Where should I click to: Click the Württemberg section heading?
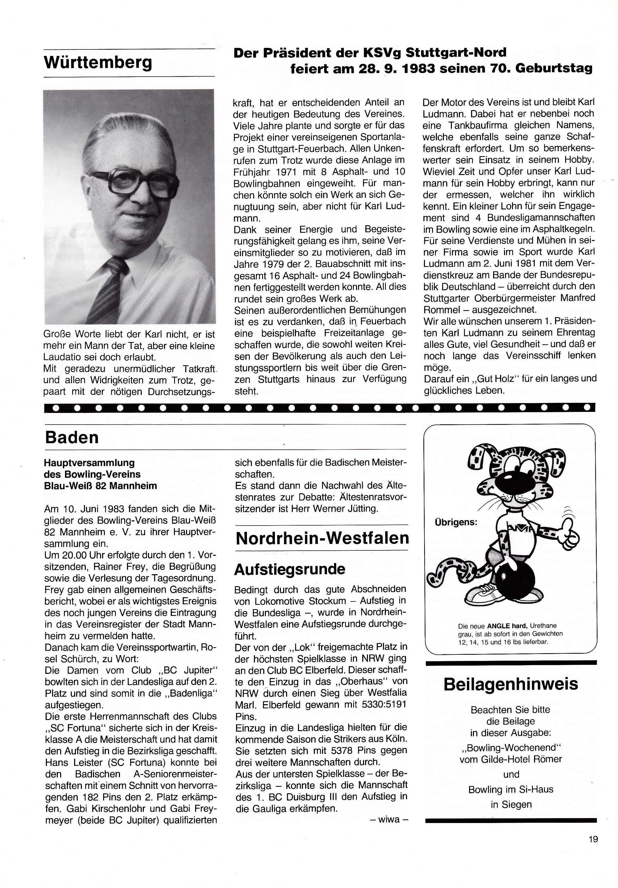[98, 63]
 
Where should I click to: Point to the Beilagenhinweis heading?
[511, 684]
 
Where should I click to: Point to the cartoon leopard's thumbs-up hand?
[569, 535]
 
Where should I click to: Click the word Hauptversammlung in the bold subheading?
[89, 463]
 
